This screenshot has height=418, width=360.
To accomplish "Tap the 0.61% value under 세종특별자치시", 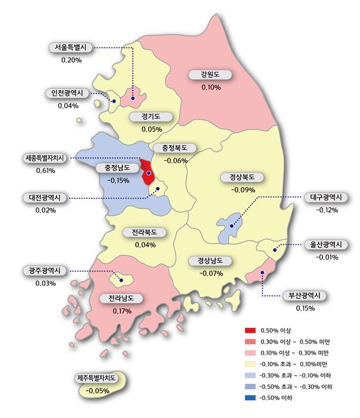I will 46,171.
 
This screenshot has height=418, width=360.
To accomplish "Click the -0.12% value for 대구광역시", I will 327,210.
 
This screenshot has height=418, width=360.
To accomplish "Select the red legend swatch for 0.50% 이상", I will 249,330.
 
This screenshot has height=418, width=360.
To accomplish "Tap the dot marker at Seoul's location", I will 133,99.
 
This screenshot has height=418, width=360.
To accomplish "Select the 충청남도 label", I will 118,168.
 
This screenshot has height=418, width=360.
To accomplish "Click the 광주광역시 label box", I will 45,270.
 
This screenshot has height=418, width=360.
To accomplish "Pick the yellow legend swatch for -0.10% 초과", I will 249,364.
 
